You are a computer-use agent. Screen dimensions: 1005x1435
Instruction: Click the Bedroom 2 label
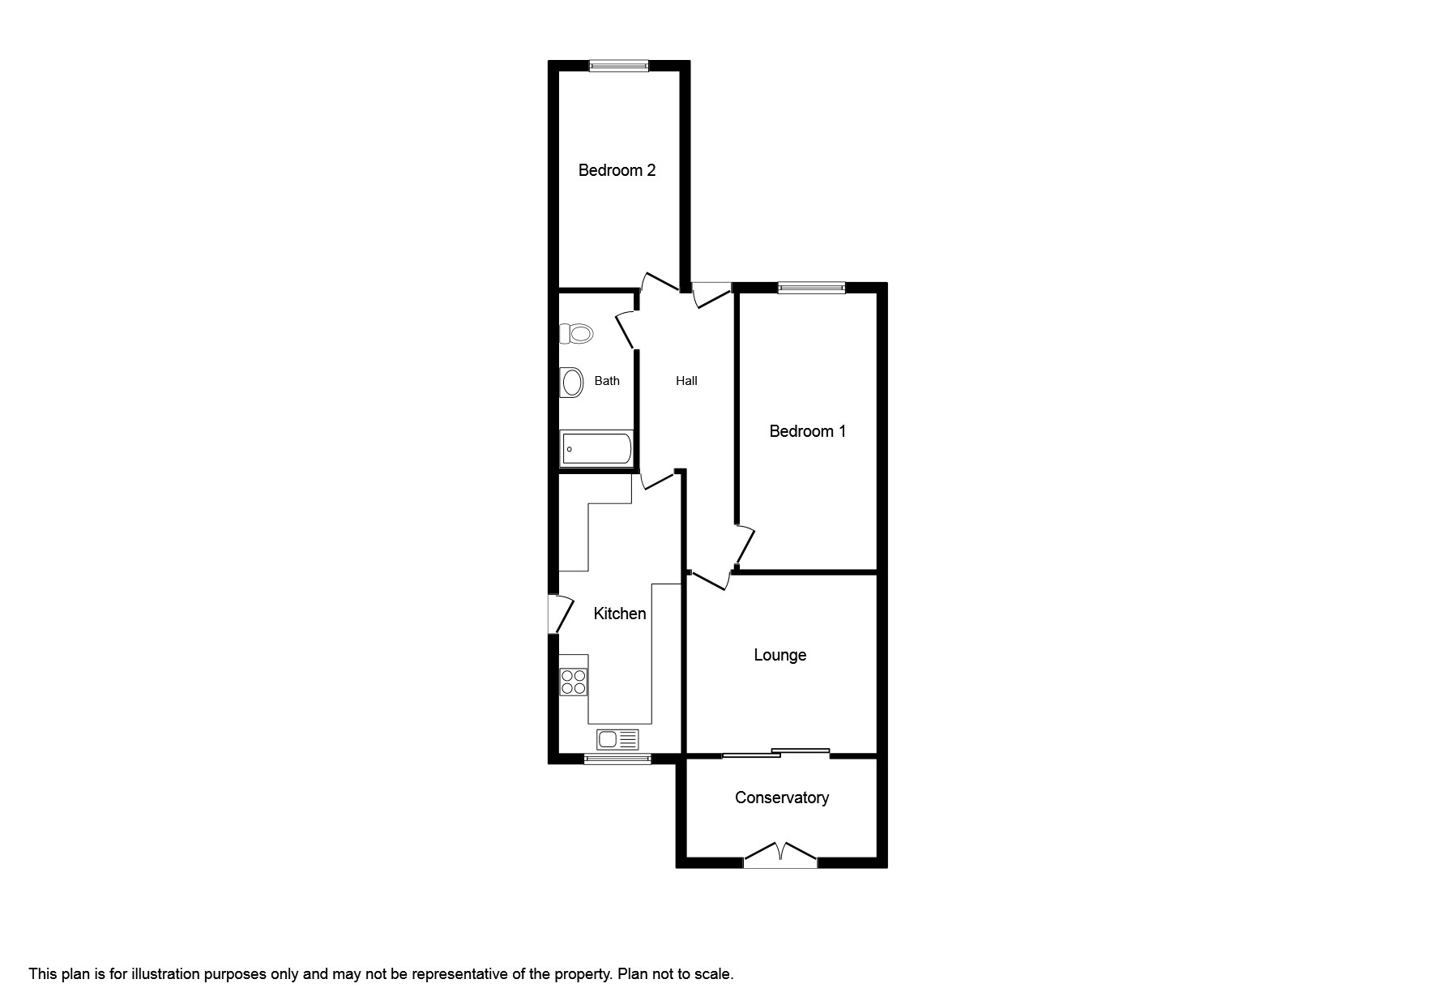point(617,170)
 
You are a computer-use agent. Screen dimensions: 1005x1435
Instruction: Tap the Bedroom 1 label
point(807,431)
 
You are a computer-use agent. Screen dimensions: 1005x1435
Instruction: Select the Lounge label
point(779,655)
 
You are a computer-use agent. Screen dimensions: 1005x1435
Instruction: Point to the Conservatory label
point(781,798)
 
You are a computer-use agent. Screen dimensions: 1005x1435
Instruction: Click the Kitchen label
point(619,614)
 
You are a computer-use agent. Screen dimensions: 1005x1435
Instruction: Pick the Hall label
point(686,381)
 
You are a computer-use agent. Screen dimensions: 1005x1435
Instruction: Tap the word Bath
point(607,381)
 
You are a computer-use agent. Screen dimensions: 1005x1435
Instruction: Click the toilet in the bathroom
point(576,333)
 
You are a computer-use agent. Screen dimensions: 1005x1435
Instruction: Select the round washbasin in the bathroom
point(572,383)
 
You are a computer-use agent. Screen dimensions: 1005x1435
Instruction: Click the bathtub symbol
point(596,448)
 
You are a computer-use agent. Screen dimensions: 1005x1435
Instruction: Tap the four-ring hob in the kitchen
point(574,682)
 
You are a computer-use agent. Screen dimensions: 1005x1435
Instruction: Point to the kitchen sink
point(617,739)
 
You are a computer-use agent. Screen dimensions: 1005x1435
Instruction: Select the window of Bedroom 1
point(811,287)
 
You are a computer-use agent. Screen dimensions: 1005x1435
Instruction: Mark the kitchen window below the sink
point(617,759)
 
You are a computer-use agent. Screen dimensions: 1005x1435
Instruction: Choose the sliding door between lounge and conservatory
point(775,754)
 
